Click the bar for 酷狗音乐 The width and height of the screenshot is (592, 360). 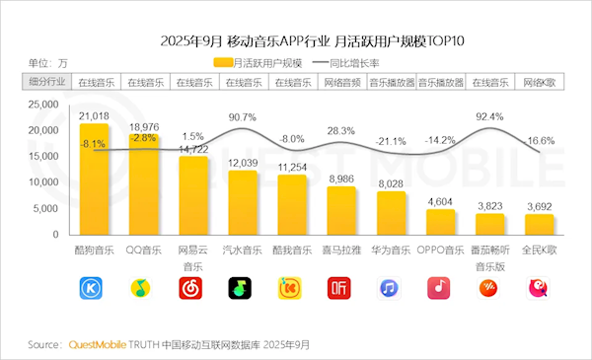(x=94, y=178)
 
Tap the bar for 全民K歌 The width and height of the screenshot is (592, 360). (x=539, y=224)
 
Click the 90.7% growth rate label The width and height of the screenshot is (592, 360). (x=243, y=117)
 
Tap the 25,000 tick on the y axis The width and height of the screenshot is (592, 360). (x=43, y=104)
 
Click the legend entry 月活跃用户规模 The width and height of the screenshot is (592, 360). (x=261, y=63)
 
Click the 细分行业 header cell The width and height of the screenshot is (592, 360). (x=43, y=83)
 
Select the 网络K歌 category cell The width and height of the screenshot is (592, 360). (x=539, y=83)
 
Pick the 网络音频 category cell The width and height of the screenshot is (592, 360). (x=341, y=83)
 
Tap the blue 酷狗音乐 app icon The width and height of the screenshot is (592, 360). (x=94, y=288)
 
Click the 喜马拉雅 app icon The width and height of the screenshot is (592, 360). (x=340, y=288)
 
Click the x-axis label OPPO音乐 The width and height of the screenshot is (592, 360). (x=440, y=251)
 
